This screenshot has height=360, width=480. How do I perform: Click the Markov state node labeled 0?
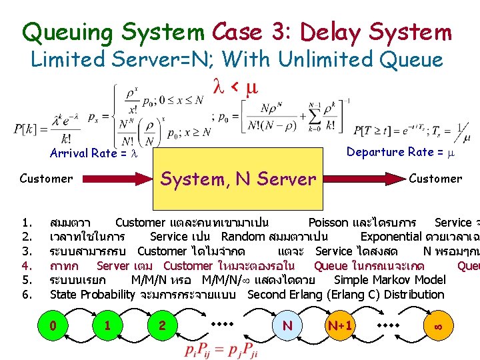pos(53,325)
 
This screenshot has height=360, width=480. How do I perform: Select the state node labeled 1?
pos(107,325)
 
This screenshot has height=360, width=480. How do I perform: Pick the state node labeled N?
pos(287,325)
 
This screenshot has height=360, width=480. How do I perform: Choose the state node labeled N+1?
pos(341,325)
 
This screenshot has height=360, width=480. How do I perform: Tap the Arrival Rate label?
pos(93,153)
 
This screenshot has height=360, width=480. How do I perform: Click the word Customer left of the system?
pos(46,179)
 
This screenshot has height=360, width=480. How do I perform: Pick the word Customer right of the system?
pos(435,179)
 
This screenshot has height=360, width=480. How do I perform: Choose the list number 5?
pos(27,279)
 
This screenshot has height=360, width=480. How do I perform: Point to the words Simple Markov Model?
pos(389,279)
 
